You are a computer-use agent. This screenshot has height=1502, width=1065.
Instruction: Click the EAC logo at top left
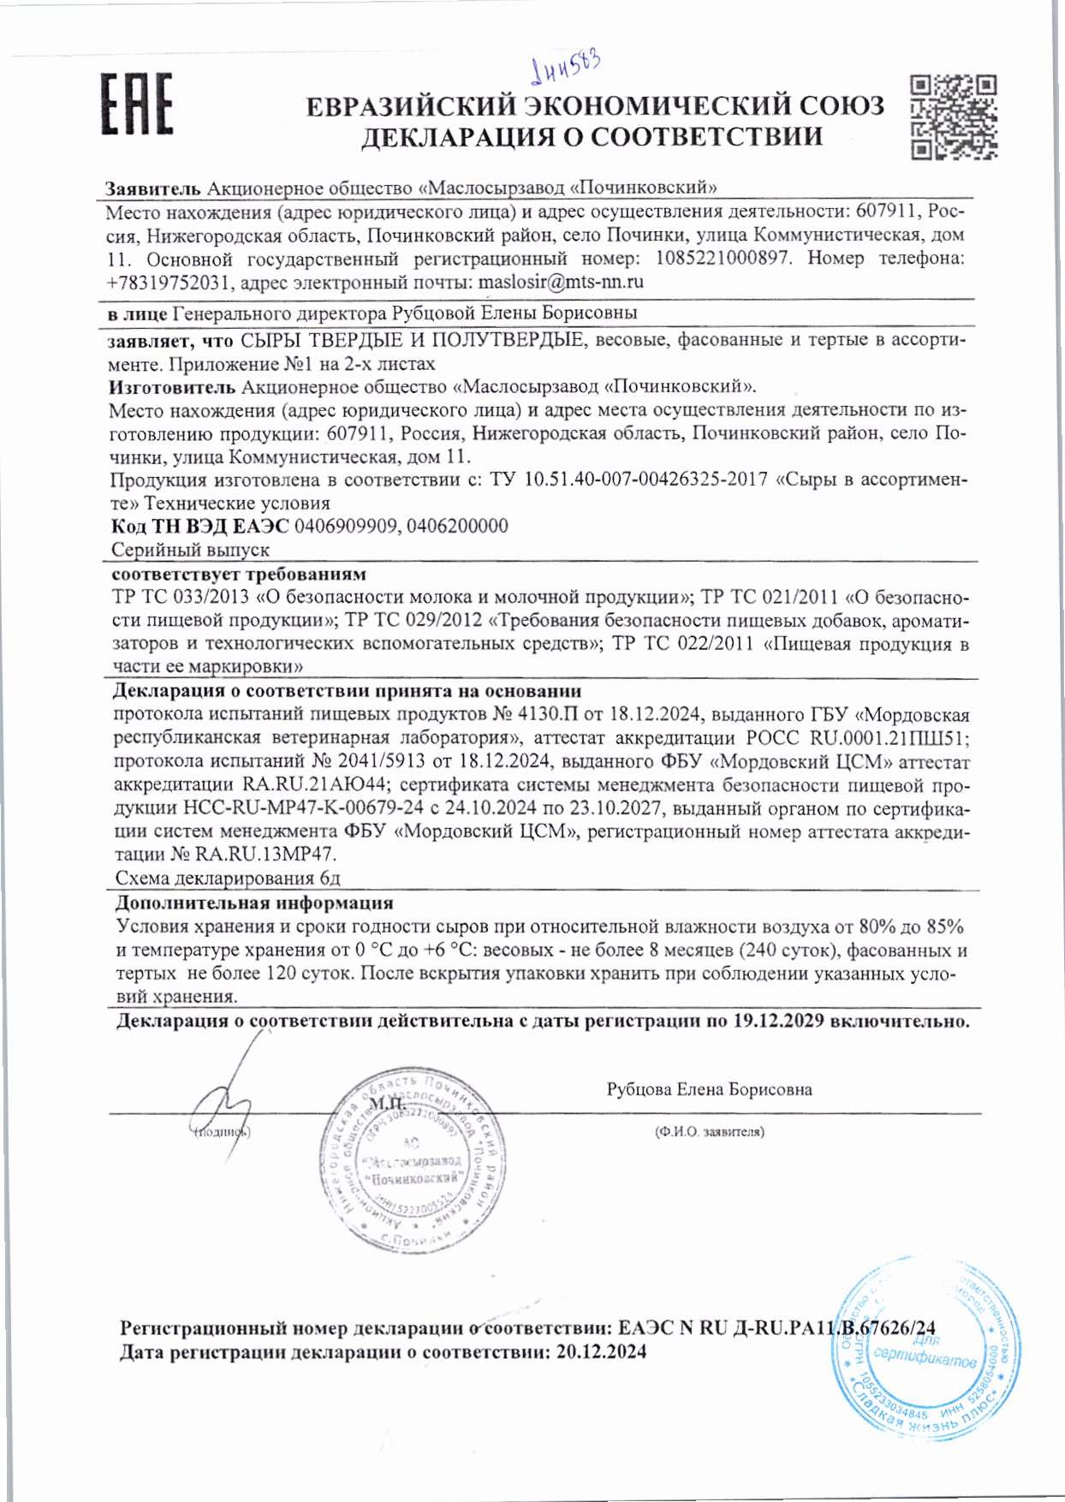(x=137, y=104)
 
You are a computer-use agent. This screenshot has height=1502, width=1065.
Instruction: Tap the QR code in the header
(x=954, y=117)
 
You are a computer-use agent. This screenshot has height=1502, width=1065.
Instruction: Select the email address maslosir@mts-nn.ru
(x=561, y=282)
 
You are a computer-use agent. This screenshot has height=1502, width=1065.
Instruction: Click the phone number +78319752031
(x=169, y=283)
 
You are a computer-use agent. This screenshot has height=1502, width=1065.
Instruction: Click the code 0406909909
(x=347, y=526)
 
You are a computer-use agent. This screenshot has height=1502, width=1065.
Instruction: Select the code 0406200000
(x=457, y=526)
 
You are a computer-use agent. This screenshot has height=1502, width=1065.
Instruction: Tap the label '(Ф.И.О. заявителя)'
(x=710, y=1131)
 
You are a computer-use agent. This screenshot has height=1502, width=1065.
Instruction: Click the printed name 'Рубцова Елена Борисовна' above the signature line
(x=709, y=1089)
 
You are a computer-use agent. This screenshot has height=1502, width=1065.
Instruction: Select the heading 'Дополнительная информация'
(x=254, y=903)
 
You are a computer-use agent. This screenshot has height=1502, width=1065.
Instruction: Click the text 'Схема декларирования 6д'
(x=228, y=879)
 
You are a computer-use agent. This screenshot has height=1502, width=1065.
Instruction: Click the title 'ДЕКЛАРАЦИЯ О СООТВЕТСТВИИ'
(x=592, y=137)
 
